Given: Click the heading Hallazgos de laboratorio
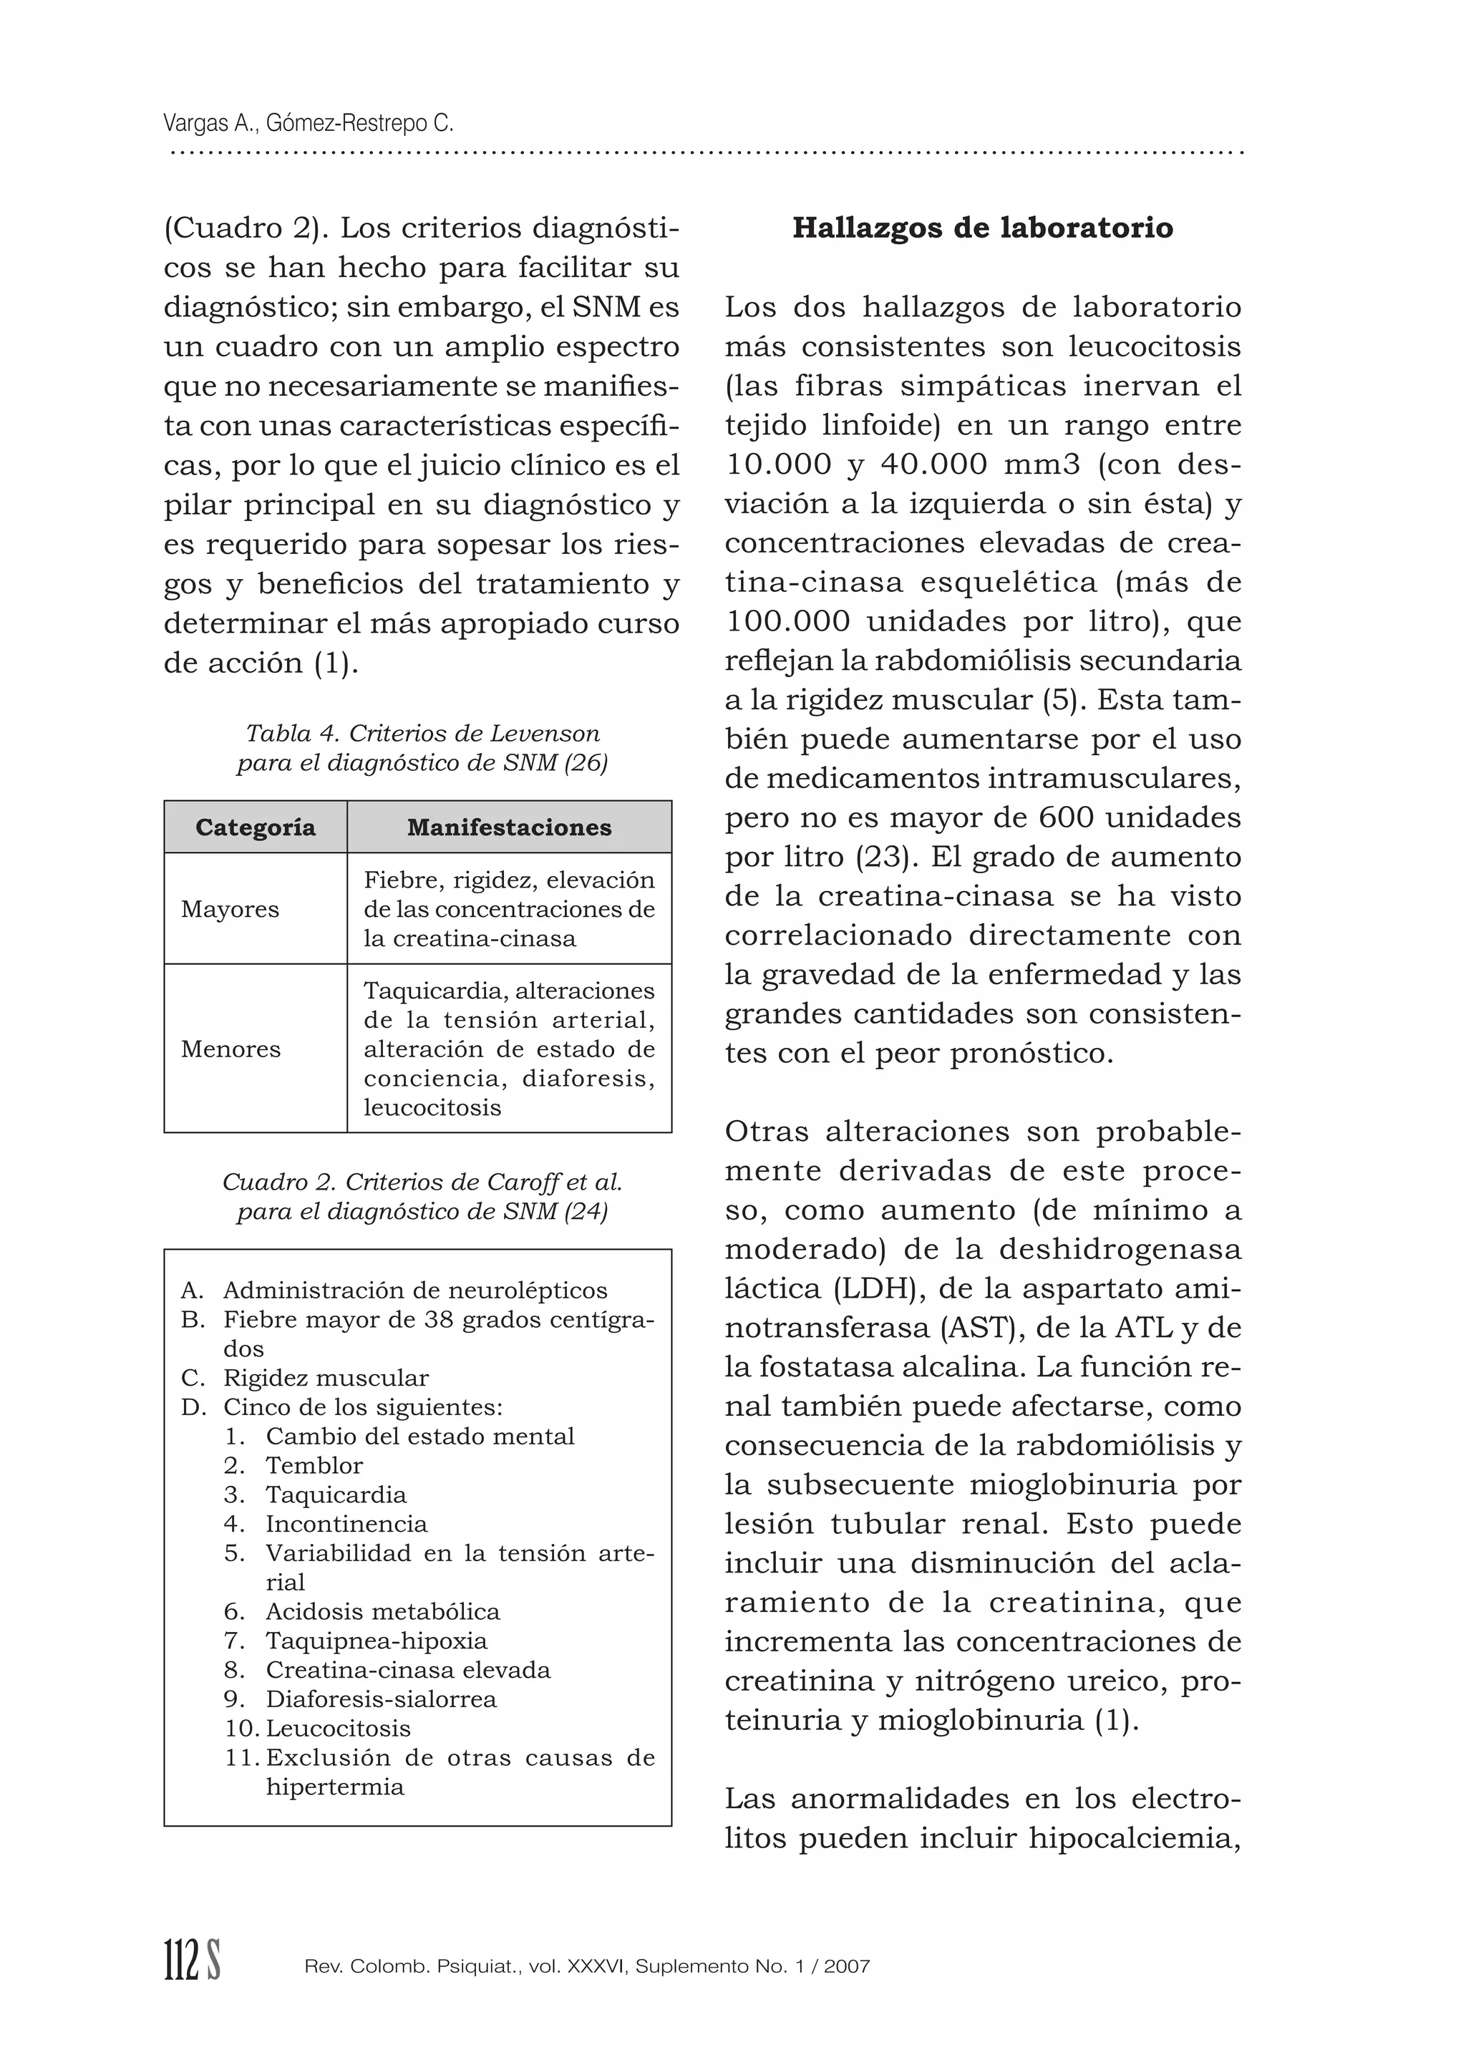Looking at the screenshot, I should click(982, 228).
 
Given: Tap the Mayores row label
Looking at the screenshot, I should click(230, 909).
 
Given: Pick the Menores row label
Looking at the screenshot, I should click(230, 1049).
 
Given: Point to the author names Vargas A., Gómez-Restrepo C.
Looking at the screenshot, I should click(309, 123).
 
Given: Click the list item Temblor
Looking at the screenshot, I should click(314, 1465).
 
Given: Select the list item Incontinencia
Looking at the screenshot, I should click(346, 1524).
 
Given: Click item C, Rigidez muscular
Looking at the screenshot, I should click(326, 1378).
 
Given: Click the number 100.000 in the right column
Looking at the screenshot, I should click(787, 622).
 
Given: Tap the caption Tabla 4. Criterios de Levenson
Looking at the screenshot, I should click(422, 733).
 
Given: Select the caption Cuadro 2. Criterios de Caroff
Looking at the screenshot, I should click(422, 1182).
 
